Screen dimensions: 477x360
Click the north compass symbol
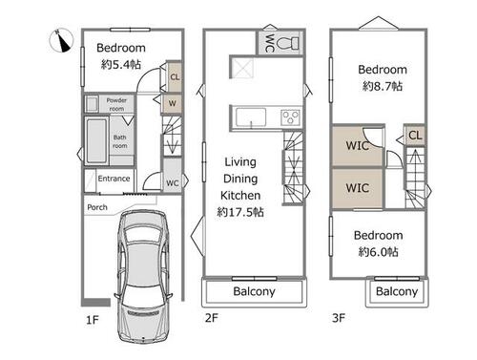(61, 40)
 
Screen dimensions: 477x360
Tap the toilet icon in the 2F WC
(287, 43)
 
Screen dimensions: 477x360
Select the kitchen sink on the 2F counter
(251, 117)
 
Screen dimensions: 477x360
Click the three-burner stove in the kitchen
(290, 117)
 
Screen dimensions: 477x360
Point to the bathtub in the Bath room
(96, 140)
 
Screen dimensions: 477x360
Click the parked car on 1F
(144, 276)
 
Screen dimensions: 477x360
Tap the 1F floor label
(93, 320)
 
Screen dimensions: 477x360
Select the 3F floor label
(339, 318)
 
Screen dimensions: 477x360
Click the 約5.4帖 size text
(121, 65)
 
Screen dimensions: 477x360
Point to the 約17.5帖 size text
(240, 212)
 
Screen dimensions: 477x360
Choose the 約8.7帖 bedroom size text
(383, 86)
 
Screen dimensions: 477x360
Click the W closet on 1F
(172, 103)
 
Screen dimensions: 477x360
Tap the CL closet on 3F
(415, 136)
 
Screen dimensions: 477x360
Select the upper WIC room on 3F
(358, 146)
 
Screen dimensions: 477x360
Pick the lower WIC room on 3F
(358, 188)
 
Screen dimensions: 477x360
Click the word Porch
(97, 207)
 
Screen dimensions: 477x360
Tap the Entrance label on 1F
(114, 179)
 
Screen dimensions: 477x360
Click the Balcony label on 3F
(397, 291)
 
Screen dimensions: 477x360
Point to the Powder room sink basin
(92, 104)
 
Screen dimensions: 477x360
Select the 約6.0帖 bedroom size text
(379, 252)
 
